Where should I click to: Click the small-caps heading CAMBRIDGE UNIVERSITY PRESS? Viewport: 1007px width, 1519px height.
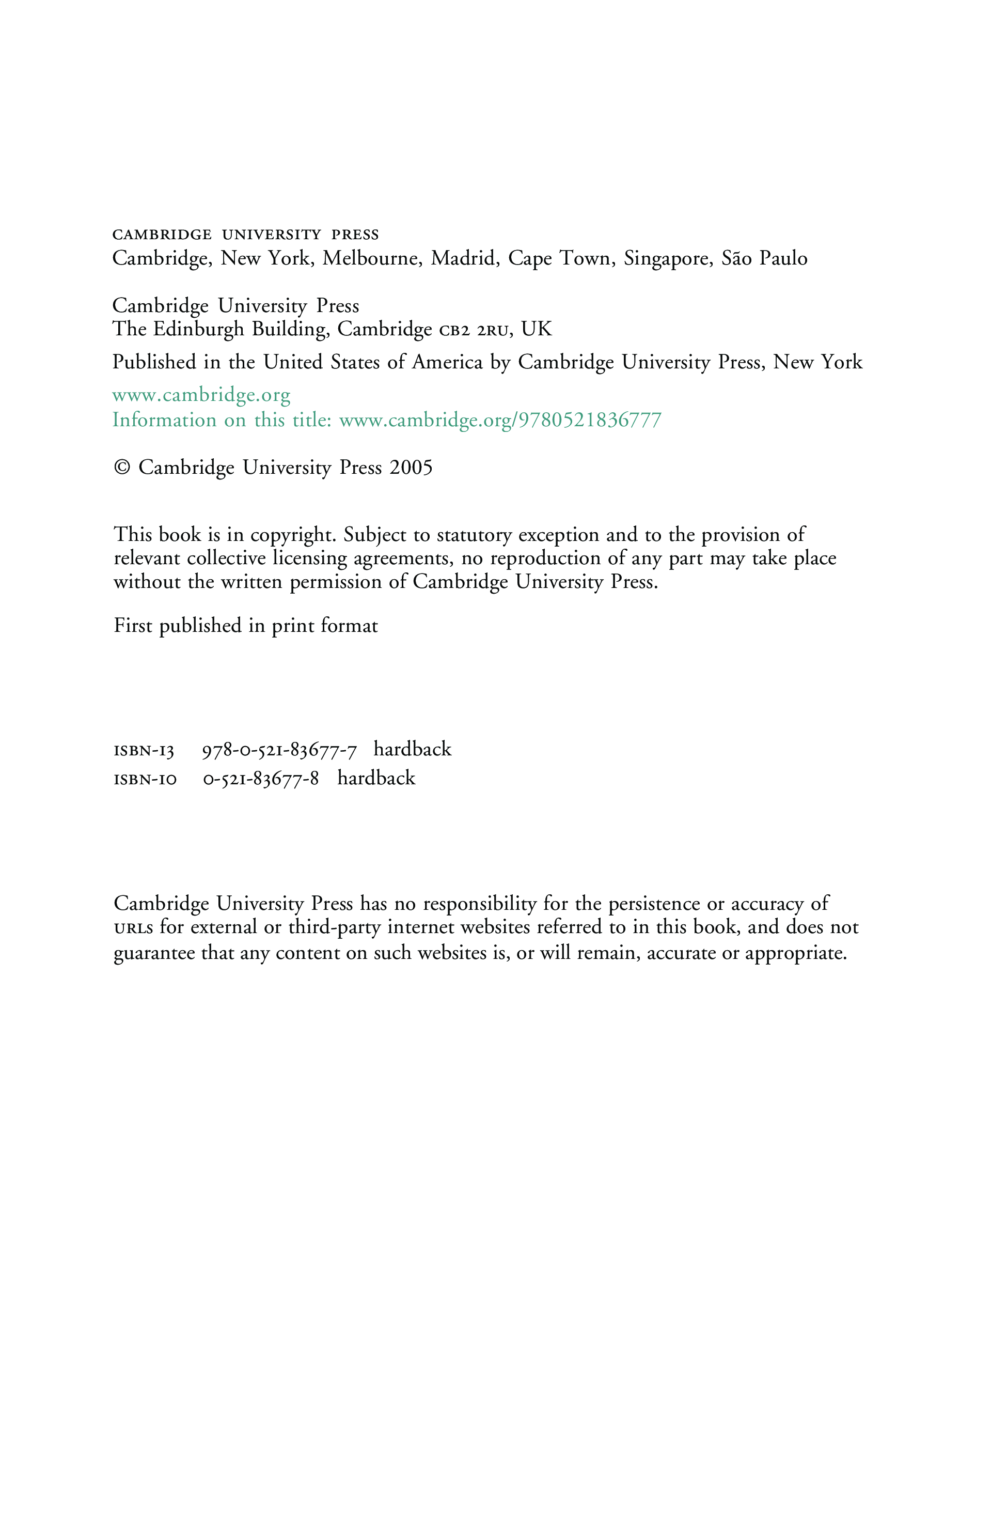pos(245,235)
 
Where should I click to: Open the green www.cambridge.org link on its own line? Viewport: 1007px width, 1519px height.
pos(201,395)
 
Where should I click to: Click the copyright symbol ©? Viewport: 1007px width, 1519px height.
pos(121,468)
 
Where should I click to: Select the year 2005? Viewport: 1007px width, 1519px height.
pos(411,468)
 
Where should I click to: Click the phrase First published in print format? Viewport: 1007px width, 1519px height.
pos(245,626)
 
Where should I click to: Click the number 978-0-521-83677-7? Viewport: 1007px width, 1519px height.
pos(279,750)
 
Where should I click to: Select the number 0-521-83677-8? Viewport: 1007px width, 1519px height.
pos(261,779)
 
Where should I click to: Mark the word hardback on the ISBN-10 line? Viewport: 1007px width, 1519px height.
pos(376,778)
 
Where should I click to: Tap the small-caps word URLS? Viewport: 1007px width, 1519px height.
pos(134,928)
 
